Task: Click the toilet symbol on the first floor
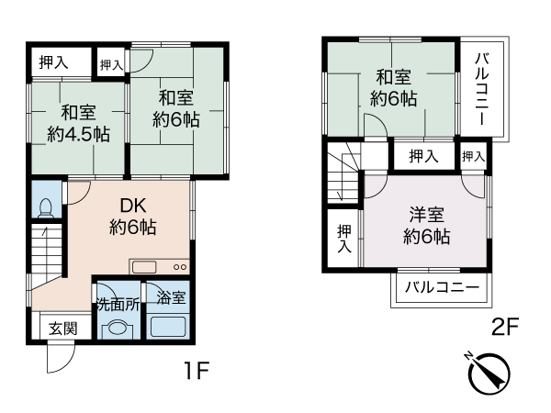point(45,208)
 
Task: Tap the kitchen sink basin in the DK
point(144,267)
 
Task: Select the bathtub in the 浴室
point(168,327)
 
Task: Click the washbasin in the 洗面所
point(118,329)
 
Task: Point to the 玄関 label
point(62,329)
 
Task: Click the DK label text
point(133,206)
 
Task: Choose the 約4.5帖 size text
point(78,134)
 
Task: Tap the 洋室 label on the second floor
point(426,215)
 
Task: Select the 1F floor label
point(197,370)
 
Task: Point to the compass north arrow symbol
point(489,373)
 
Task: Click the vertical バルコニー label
point(482,89)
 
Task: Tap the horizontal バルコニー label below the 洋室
point(442,287)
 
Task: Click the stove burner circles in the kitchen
point(180,267)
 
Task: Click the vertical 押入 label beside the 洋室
point(344,239)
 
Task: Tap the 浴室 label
point(171,297)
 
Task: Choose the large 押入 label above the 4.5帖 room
point(53,62)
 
